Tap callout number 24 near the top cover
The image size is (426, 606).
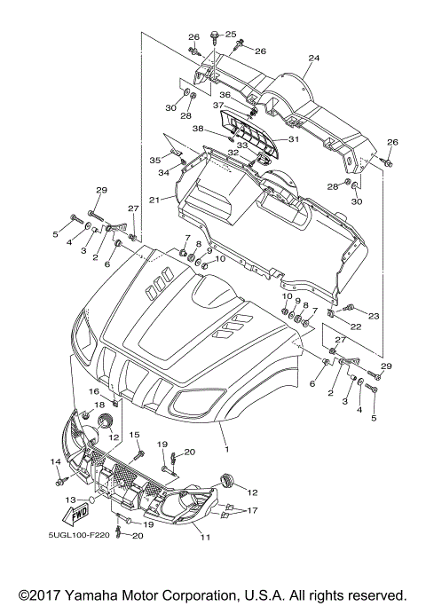[x=313, y=59]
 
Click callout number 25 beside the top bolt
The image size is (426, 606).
[x=231, y=34]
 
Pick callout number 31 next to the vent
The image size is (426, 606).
[x=294, y=138]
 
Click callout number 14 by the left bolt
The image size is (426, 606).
[x=54, y=461]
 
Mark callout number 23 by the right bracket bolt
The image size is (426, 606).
[x=374, y=315]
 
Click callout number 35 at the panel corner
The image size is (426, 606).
[x=155, y=161]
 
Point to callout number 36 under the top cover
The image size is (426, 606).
[x=225, y=95]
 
